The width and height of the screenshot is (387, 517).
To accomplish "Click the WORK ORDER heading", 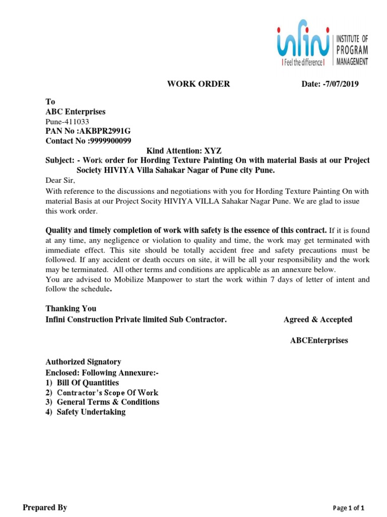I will point(198,84).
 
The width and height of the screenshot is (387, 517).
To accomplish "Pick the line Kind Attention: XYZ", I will point(183,150).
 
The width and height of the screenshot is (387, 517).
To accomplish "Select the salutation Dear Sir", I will point(60,180).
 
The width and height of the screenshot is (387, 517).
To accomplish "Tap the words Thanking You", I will point(71,308).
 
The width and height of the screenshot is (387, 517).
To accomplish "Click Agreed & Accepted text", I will point(317,320).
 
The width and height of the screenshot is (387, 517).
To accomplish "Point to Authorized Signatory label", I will point(83,361).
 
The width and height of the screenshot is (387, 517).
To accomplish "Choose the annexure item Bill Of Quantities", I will point(88,383).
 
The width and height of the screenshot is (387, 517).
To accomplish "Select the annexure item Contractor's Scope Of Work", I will point(107,392).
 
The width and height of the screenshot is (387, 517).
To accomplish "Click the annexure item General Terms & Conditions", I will point(108,402).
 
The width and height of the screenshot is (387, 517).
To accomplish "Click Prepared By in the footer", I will point(44,507).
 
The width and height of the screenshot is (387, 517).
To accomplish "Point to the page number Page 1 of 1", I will point(349,508).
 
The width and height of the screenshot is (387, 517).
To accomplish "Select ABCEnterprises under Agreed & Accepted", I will point(318,340).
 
